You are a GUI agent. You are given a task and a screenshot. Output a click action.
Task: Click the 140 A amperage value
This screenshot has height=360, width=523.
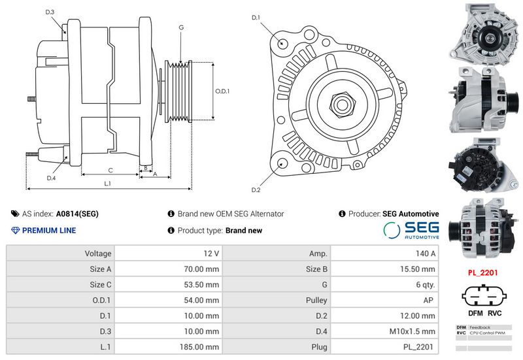[426, 253]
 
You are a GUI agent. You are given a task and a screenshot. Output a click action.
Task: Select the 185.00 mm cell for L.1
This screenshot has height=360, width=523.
[203, 347]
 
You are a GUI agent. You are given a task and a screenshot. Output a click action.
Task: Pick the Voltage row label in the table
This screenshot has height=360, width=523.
[98, 253]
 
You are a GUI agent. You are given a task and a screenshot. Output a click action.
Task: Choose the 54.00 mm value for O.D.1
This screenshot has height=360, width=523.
[203, 300]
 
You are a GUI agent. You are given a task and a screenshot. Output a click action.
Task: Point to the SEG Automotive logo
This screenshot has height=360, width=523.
[411, 230]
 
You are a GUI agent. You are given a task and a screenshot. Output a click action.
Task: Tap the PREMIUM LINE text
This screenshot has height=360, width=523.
[49, 230]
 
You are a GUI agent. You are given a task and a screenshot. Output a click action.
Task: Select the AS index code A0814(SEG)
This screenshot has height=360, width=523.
[77, 214]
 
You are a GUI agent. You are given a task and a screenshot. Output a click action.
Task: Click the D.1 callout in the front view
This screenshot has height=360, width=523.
[256, 18]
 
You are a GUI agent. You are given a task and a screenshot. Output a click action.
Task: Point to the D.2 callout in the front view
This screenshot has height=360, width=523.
[256, 190]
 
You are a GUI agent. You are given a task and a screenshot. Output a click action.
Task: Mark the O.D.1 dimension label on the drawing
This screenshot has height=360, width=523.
[223, 91]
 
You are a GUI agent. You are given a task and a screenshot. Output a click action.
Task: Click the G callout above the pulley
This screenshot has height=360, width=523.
[180, 27]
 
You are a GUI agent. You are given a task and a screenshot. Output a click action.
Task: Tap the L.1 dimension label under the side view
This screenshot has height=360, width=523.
[107, 184]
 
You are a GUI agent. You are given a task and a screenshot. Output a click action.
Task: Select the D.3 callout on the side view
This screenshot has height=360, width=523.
[50, 12]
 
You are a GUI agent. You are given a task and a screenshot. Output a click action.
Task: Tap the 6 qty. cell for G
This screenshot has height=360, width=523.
[426, 284]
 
